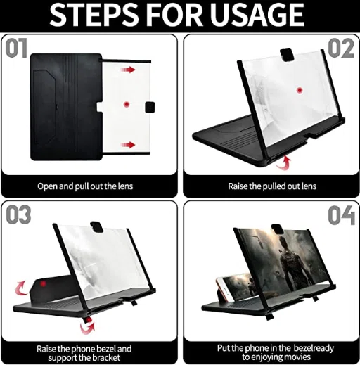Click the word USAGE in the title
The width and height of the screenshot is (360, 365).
coord(257,14)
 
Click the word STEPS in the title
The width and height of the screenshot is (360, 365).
coord(94,15)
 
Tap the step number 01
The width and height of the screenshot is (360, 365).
coord(16,49)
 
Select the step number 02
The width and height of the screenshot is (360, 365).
coord(341,49)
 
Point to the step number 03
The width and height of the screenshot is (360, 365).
coord(18,214)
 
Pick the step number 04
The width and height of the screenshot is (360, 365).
coord(342,215)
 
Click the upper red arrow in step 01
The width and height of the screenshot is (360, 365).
coord(128,70)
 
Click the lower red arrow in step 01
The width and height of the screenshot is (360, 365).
coord(128,145)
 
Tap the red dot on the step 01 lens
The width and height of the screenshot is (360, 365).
coord(127,104)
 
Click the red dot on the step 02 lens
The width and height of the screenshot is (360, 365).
coord(300,90)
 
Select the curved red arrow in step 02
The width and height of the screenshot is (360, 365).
coord(284,162)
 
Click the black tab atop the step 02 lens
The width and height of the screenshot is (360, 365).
coord(287,55)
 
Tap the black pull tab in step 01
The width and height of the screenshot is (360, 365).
coord(150,107)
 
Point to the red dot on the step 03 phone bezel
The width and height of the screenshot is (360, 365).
coord(43,283)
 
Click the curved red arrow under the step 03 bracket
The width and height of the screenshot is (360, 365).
coord(87,326)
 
